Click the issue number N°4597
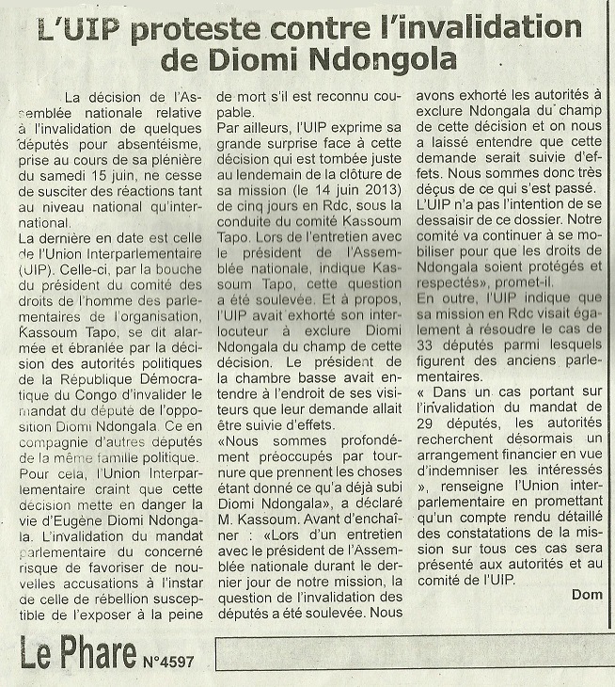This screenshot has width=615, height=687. pyautogui.click(x=168, y=662)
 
